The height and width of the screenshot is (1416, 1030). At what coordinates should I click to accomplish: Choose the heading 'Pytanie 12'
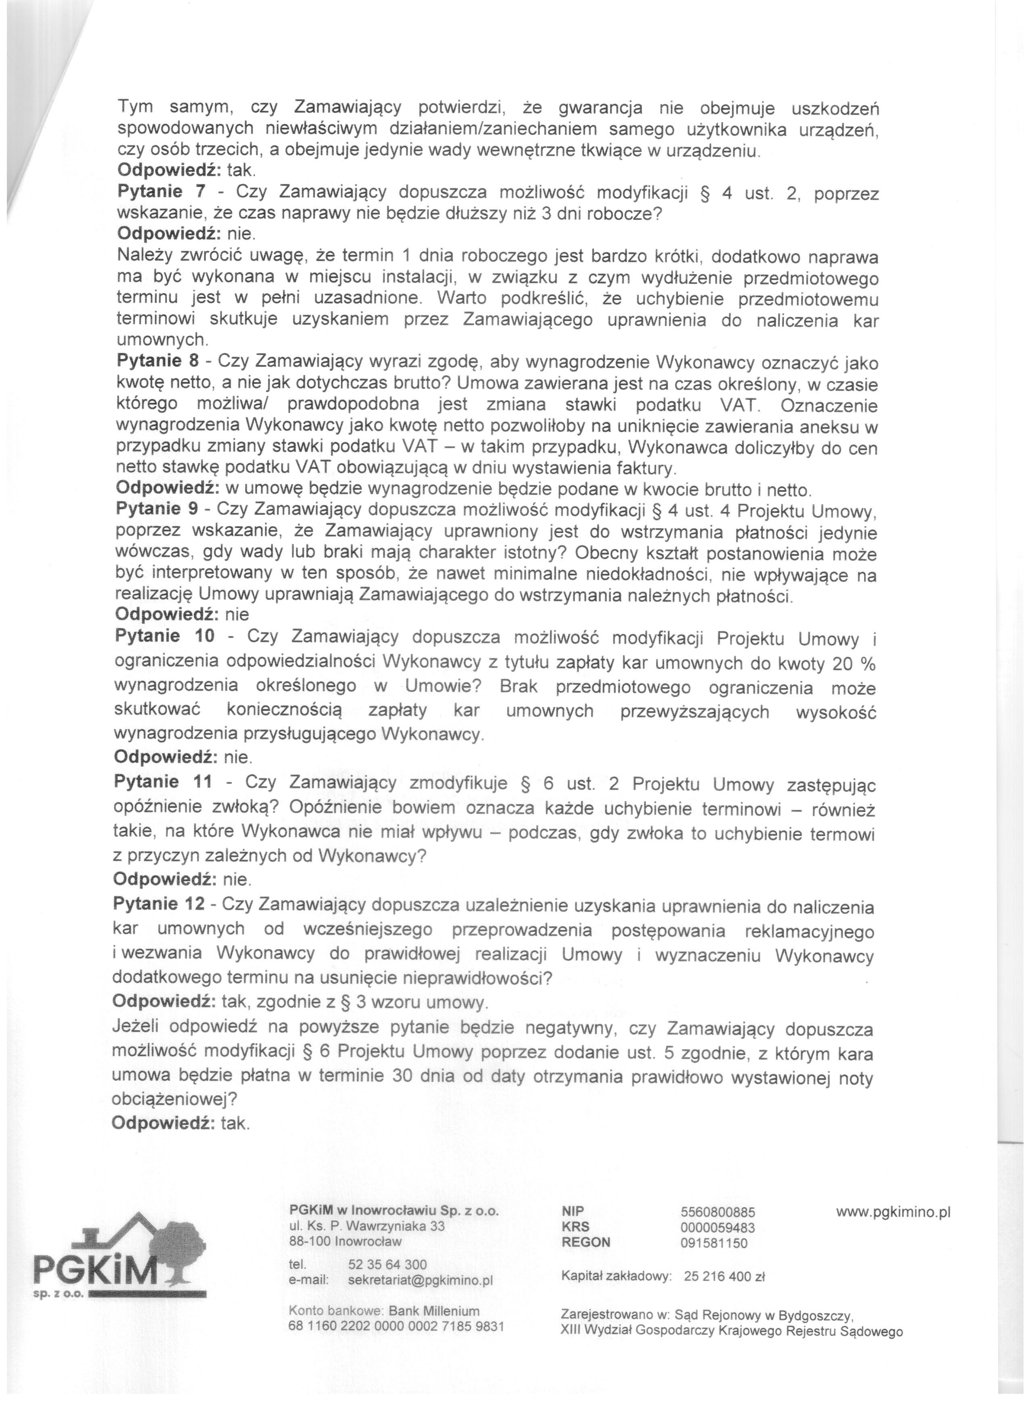pos(163,904)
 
